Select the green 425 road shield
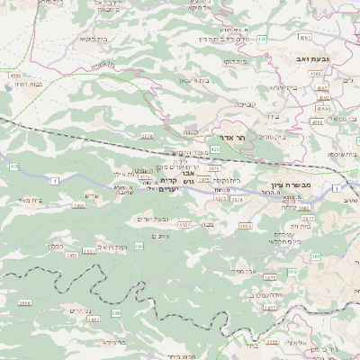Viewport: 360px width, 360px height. tap(215, 148)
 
